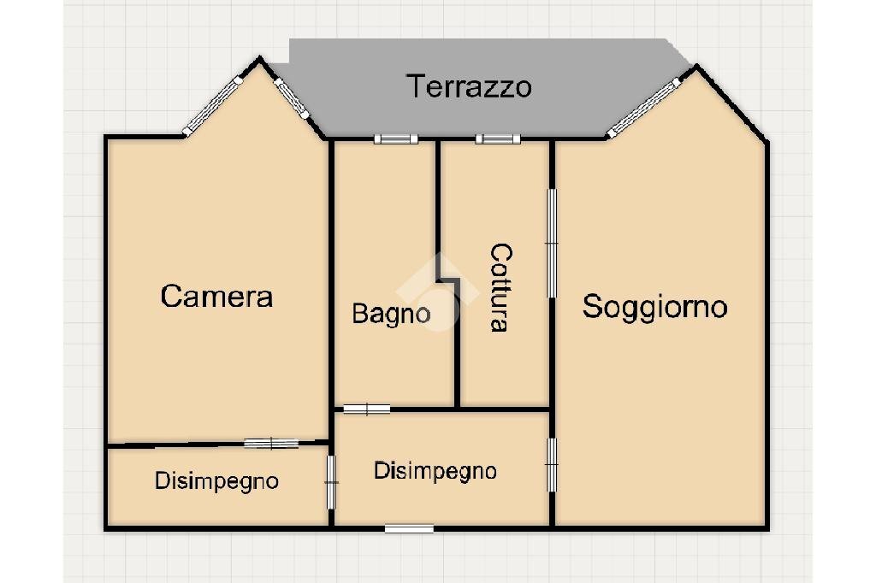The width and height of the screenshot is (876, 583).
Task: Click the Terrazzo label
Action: pos(468,86)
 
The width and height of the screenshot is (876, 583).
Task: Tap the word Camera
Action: pos(216,297)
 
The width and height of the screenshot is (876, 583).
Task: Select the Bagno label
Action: pos(392,314)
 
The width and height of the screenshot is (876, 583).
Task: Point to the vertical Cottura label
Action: pos(500,287)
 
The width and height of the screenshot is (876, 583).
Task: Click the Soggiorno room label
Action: pos(654,306)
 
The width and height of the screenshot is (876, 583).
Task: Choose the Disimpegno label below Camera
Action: pos(216,481)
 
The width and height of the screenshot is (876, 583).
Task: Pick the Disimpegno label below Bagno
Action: pos(435,471)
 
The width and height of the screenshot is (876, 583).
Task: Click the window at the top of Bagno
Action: pos(395,139)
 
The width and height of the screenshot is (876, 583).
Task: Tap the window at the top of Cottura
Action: pos(498,139)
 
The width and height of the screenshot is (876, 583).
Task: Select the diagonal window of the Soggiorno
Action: pos(643,109)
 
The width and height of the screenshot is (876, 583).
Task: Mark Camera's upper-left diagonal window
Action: pos(214,105)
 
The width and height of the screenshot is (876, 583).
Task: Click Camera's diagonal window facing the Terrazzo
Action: pos(291,97)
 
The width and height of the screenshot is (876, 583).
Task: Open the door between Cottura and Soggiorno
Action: pos(552,244)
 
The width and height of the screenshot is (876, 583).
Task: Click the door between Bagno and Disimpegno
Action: pos(366,409)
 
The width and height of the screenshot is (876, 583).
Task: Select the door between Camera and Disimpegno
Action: pos(271,443)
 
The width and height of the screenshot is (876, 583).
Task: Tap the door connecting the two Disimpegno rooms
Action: pos(331,483)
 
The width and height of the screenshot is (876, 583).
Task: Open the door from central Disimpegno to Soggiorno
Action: pos(552,464)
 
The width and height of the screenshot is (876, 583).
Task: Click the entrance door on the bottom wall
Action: pos(408,528)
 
